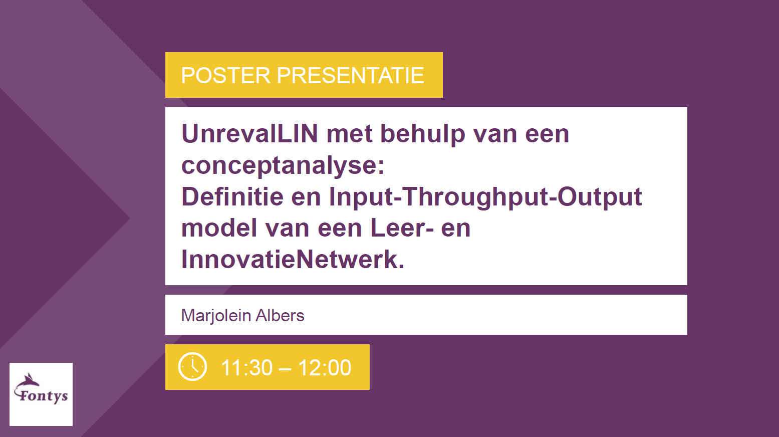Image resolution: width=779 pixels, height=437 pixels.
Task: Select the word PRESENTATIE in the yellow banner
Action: pyautogui.click(x=350, y=76)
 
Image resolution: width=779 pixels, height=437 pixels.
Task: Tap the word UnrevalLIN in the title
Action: pyautogui.click(x=249, y=134)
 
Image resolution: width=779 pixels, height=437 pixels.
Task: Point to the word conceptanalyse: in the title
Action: pyautogui.click(x=283, y=165)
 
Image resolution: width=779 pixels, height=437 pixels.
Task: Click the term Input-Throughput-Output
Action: pyautogui.click(x=485, y=196)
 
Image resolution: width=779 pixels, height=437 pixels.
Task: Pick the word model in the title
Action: pyautogui.click(x=219, y=228)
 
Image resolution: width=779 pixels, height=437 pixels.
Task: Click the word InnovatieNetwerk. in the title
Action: pyautogui.click(x=293, y=260)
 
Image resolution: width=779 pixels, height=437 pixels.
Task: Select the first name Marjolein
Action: pyautogui.click(x=216, y=316)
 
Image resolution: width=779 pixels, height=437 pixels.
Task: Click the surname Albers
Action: pyautogui.click(x=280, y=316)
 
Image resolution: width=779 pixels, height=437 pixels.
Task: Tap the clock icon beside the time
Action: pyautogui.click(x=192, y=367)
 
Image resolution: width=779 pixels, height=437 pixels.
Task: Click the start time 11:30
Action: pyautogui.click(x=246, y=368)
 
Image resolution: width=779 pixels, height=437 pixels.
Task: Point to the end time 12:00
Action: pyautogui.click(x=325, y=368)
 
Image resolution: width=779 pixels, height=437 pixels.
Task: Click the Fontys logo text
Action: pyautogui.click(x=43, y=396)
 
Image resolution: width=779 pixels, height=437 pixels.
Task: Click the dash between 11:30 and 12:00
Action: pyautogui.click(x=285, y=368)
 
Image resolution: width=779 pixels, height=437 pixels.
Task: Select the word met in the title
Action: pyautogui.click(x=349, y=134)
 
